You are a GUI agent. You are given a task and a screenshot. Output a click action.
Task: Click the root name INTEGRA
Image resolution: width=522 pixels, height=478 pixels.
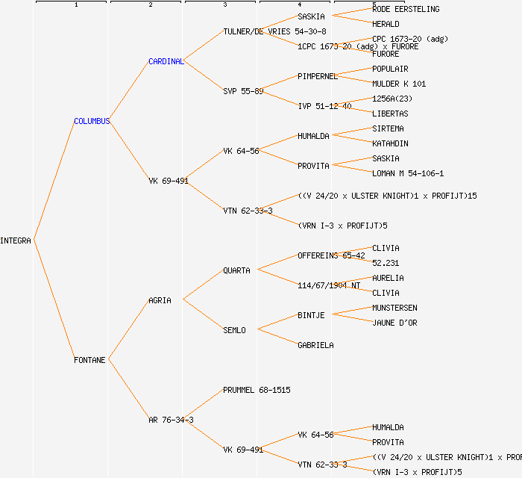tap(16, 240)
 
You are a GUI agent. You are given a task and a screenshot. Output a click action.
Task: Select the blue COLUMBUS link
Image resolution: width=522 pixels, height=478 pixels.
tap(92, 121)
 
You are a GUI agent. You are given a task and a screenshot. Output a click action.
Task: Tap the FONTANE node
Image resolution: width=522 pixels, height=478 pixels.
tap(89, 360)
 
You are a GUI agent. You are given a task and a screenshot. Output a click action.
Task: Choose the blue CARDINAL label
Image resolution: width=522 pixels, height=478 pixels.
tap(166, 61)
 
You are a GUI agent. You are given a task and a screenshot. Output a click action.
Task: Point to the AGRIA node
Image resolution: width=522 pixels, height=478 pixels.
tap(160, 300)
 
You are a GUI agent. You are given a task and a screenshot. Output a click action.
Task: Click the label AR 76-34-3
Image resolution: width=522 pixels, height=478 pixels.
tap(171, 420)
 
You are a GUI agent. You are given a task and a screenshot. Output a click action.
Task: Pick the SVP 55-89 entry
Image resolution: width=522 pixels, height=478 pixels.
tap(243, 91)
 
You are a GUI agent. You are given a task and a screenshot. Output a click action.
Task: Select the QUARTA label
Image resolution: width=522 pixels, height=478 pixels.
tap(236, 270)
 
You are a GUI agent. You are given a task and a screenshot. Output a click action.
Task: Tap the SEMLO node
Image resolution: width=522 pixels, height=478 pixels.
tap(234, 330)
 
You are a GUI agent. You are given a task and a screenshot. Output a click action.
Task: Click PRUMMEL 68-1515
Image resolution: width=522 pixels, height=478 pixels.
tap(257, 390)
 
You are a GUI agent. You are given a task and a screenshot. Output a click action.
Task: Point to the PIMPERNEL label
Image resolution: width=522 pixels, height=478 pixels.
tap(318, 76)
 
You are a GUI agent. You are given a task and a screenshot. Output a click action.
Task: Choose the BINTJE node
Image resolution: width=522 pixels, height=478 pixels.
tap(311, 315)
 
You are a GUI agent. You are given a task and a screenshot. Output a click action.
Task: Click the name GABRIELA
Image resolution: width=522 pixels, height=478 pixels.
tap(315, 345)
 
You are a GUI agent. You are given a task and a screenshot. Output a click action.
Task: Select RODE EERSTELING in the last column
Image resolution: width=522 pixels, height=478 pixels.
tap(406, 9)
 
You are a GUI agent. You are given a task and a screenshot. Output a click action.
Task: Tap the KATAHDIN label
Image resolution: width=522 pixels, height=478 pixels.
tap(390, 143)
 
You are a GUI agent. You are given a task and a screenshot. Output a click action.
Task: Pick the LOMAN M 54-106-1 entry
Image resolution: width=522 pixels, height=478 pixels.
tap(408, 173)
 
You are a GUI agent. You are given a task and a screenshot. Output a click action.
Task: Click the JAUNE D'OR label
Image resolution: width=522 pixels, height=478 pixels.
tap(394, 323)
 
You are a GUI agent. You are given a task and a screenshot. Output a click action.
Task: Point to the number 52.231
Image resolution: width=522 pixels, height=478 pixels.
tap(386, 263)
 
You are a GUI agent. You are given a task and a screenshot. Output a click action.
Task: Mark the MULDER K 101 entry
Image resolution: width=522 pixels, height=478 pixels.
tap(399, 84)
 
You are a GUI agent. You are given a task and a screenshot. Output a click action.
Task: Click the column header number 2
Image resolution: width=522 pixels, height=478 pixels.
tap(150, 5)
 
